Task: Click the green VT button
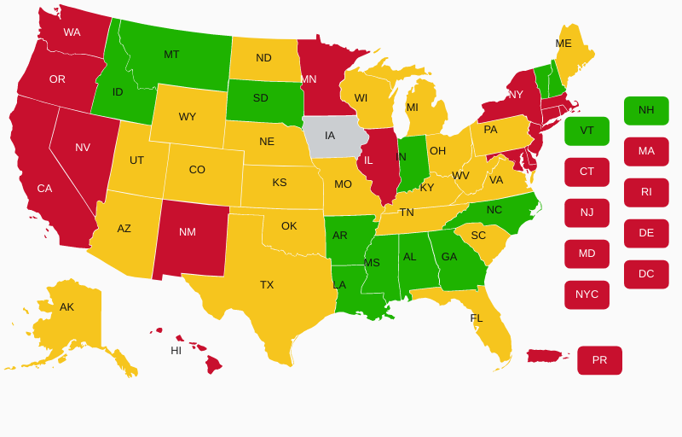tap(587, 131)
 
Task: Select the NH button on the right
tap(646, 110)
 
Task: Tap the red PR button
tap(599, 360)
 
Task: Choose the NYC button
tap(587, 294)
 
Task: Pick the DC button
tap(646, 274)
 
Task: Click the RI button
tap(646, 192)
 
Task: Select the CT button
tap(587, 172)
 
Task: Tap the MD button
tap(587, 253)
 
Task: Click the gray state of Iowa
tap(332, 137)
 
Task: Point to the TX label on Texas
tap(267, 285)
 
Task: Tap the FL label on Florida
tap(477, 318)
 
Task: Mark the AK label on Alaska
tap(66, 307)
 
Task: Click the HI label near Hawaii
tap(176, 351)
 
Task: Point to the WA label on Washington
tap(72, 32)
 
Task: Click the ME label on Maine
tap(564, 44)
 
